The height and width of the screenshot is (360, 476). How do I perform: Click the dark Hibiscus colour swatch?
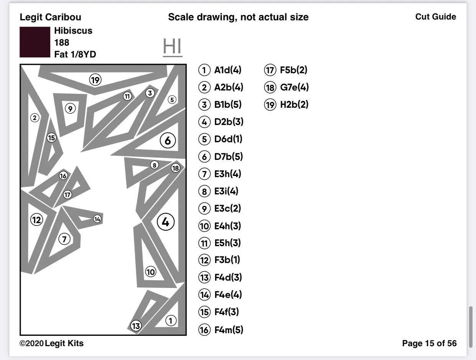[x=35, y=42]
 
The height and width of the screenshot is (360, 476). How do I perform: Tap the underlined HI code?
[x=172, y=47]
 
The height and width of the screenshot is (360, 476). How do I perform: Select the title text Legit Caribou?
[x=50, y=17]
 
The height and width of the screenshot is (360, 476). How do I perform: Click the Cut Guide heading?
[x=435, y=17]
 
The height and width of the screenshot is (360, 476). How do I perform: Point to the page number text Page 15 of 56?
[x=429, y=343]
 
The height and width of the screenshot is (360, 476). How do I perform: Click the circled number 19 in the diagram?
[x=95, y=80]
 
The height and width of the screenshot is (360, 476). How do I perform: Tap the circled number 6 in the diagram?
[x=167, y=141]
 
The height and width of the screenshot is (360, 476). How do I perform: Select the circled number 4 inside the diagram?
[x=166, y=222]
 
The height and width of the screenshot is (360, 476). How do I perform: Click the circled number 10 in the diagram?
[x=151, y=272]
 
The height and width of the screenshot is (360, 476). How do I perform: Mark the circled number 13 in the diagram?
[x=136, y=326]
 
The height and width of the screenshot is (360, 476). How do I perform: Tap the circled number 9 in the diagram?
[x=70, y=109]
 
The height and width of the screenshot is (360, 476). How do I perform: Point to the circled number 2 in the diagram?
[x=35, y=118]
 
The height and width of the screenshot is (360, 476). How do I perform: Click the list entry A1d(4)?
[x=228, y=70]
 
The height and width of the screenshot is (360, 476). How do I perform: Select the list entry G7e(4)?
[x=294, y=87]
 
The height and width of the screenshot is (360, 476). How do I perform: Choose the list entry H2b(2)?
[x=294, y=105]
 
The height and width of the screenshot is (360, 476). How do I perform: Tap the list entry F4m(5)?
[x=228, y=330]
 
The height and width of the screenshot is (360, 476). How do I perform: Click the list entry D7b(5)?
[x=228, y=156]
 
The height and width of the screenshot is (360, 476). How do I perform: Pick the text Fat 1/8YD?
[x=75, y=54]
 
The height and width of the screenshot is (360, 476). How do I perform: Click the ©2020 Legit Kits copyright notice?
[x=51, y=343]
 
